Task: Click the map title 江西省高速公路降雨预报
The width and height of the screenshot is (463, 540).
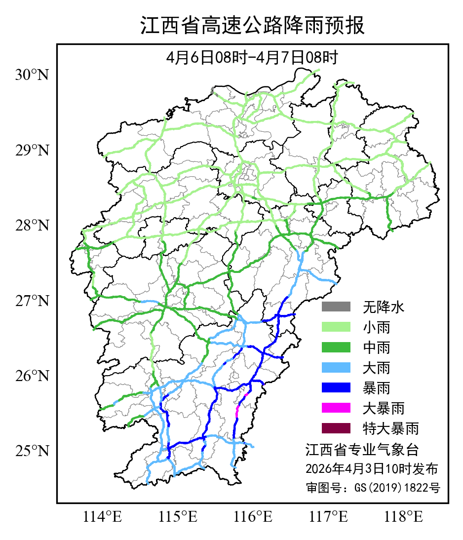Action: click(x=252, y=26)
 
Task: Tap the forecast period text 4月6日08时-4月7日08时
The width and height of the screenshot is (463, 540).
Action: click(x=252, y=58)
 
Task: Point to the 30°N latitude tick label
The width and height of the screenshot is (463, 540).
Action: click(x=32, y=76)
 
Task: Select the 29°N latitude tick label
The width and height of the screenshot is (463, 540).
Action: click(x=32, y=151)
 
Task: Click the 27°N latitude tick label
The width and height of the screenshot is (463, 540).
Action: click(x=32, y=301)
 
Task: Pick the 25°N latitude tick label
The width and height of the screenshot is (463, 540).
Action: click(x=32, y=451)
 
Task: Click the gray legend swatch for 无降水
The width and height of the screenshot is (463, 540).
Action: click(x=336, y=307)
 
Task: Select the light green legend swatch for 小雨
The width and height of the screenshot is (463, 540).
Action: click(x=336, y=327)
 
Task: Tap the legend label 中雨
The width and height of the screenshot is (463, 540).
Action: click(x=377, y=347)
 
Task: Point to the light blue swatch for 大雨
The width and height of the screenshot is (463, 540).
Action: click(x=336, y=368)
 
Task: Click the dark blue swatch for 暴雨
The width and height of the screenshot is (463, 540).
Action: click(x=336, y=388)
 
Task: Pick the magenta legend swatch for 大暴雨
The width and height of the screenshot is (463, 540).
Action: click(x=336, y=408)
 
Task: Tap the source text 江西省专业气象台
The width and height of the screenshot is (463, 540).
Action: click(x=362, y=450)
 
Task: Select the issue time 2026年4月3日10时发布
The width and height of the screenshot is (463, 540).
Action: click(x=371, y=468)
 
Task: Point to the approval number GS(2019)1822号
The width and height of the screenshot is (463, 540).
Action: click(x=373, y=488)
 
